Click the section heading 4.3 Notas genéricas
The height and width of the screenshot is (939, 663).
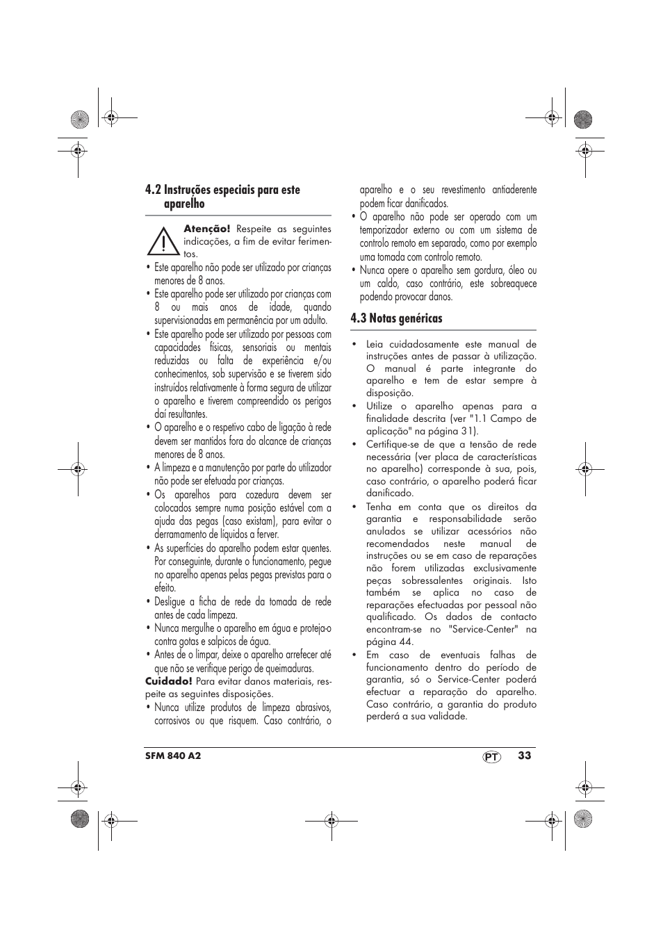(396, 318)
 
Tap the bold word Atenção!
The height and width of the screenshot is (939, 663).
(206, 229)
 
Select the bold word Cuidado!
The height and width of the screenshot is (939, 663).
(168, 681)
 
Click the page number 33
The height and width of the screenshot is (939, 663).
(524, 756)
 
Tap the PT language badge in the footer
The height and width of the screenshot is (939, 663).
(492, 757)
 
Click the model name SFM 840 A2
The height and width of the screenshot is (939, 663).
(172, 756)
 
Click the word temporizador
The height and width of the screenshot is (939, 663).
(384, 230)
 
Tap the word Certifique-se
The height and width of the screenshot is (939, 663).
(392, 445)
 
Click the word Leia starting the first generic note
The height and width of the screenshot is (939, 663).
(375, 344)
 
